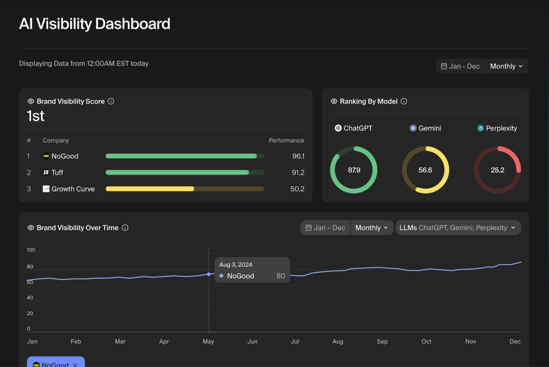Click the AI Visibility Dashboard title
(94, 24)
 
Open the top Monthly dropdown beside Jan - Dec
(506, 66)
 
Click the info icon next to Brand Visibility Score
(111, 101)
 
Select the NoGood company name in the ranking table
(65, 156)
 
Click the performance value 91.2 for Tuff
(298, 173)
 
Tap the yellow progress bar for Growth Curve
(150, 189)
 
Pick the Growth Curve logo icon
(46, 189)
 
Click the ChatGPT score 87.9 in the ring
(354, 170)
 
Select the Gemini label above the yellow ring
(429, 128)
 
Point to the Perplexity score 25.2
(497, 170)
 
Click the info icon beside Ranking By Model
(404, 101)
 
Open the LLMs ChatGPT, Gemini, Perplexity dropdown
(457, 228)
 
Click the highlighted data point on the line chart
(209, 274)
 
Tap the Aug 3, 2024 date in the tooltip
(236, 265)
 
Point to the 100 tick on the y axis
(31, 250)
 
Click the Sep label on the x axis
(382, 342)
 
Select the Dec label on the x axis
(515, 342)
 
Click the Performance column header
(286, 141)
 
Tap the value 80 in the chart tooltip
(281, 276)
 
